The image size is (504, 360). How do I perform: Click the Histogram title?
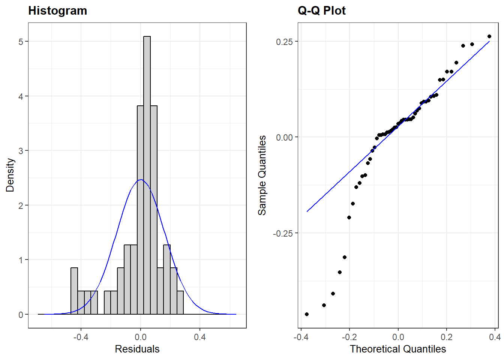point(57,10)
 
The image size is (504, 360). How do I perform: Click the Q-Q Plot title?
point(321,10)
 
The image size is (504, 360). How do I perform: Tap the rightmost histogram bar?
point(180,303)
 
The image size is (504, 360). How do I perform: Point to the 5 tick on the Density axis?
point(21,42)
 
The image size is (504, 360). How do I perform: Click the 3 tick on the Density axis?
point(21,151)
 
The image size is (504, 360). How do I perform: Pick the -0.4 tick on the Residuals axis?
point(81,337)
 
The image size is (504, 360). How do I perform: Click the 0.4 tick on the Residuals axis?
point(200,337)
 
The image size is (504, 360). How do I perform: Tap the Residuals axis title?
point(137,349)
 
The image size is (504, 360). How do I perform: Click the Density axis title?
point(10,175)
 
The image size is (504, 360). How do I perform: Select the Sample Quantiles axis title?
point(262,175)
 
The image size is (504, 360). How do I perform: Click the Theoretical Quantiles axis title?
point(397,349)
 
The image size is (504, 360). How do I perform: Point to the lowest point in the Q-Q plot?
point(307,314)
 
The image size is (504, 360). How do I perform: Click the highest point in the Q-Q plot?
point(489,36)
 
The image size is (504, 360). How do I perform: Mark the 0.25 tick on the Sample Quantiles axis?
point(284,42)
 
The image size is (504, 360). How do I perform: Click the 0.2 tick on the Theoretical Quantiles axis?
point(446,337)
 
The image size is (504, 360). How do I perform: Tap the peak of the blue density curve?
point(141,180)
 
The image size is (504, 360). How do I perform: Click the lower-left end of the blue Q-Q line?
point(307,211)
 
